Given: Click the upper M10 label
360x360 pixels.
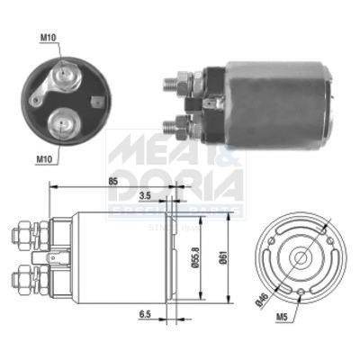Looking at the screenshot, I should tap(49, 37).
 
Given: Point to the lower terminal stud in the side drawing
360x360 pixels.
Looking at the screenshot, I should tap(21, 270).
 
